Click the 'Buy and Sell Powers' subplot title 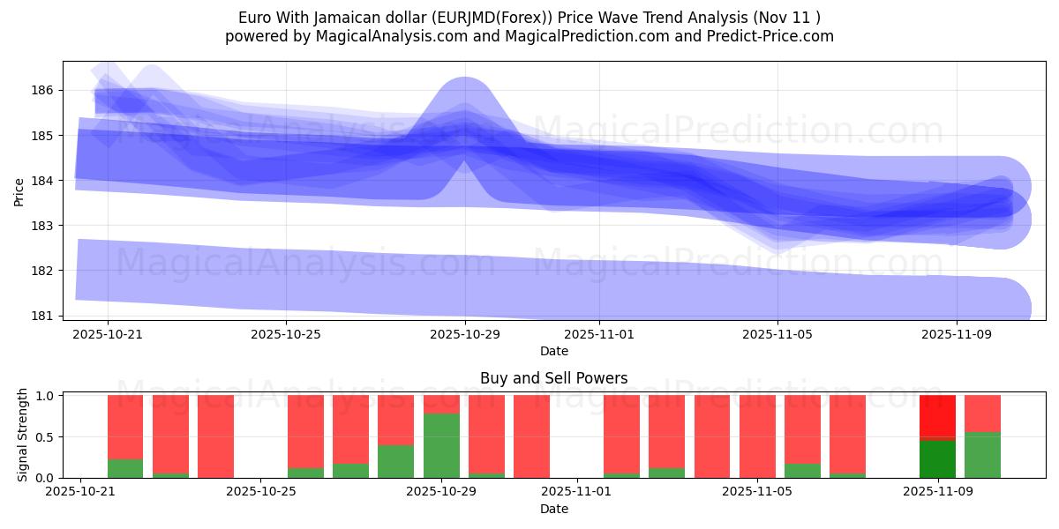coord(553,378)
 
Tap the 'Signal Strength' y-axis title coord(23,434)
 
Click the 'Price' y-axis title coord(19,190)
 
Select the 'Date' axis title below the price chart coord(553,351)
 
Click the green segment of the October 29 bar coord(441,445)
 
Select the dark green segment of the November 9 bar coord(937,458)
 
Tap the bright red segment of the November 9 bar coord(937,415)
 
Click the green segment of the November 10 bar coord(982,455)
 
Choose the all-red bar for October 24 coord(215,436)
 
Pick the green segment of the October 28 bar coord(395,461)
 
